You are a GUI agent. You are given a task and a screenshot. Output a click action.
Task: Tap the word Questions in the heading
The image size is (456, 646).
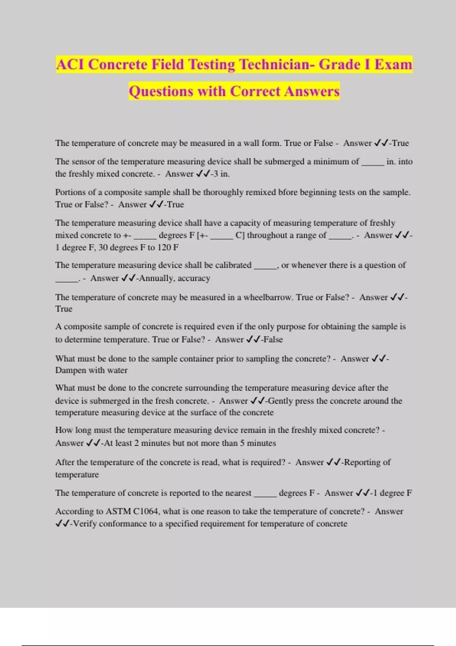pyautogui.click(x=161, y=92)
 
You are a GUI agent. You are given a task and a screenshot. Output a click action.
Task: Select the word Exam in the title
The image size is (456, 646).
pyautogui.click(x=393, y=65)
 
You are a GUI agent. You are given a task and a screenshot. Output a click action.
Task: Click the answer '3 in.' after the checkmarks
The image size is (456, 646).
pyautogui.click(x=222, y=174)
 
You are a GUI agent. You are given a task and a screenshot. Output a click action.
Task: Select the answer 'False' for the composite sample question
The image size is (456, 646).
pyautogui.click(x=273, y=339)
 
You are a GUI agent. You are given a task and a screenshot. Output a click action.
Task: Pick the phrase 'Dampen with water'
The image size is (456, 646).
pyautogui.click(x=91, y=370)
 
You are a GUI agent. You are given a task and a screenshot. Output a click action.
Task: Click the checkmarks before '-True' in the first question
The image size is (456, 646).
pyautogui.click(x=381, y=143)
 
